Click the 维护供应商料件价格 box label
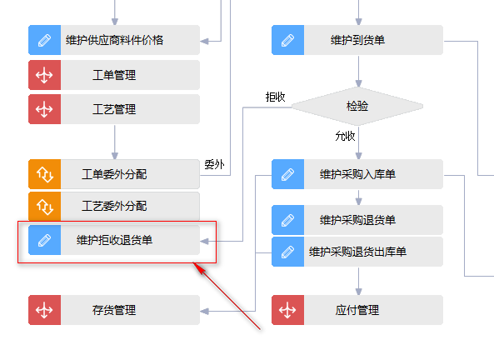pos(115,40)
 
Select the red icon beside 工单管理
pos(44,75)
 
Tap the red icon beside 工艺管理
pos(44,109)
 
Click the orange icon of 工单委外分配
pos(44,174)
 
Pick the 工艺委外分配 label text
pos(114,206)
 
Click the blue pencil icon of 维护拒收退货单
pos(44,240)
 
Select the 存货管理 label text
pos(114,310)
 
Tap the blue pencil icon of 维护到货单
pos(287,40)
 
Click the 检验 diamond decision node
pos(357,106)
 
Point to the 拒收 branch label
pos(276,97)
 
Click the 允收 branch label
pos(345,136)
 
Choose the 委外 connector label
pos(215,164)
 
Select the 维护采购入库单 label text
pos(357,174)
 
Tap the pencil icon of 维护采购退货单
pos(287,220)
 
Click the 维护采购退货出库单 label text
pos(357,252)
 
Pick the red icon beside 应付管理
pos(287,310)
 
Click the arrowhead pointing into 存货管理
pos(204,312)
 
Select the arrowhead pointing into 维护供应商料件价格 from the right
pos(204,42)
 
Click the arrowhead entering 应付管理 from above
pos(358,292)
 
